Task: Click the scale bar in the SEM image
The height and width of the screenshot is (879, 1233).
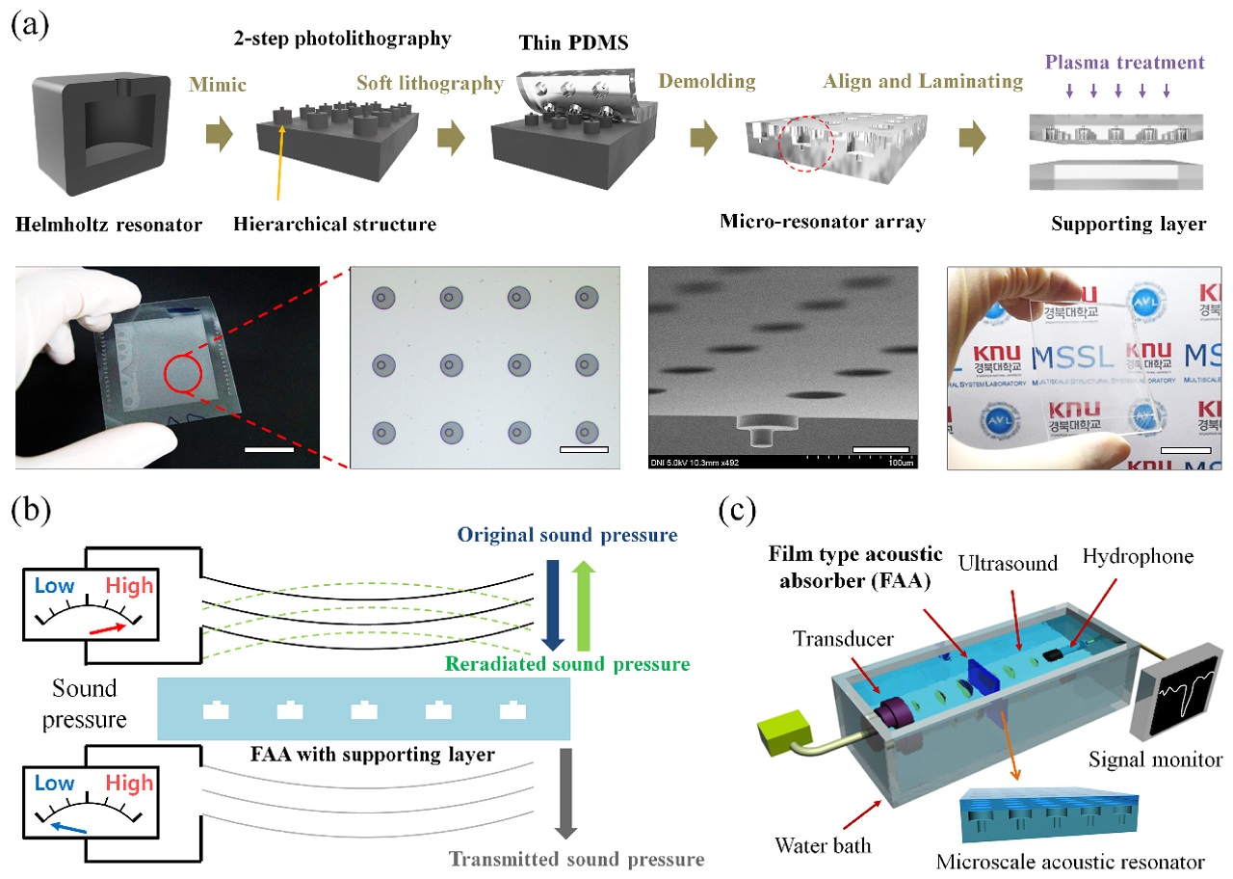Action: tap(880, 448)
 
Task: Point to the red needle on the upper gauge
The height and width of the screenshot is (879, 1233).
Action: tap(105, 628)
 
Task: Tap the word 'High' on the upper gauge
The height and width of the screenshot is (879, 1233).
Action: tap(129, 586)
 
